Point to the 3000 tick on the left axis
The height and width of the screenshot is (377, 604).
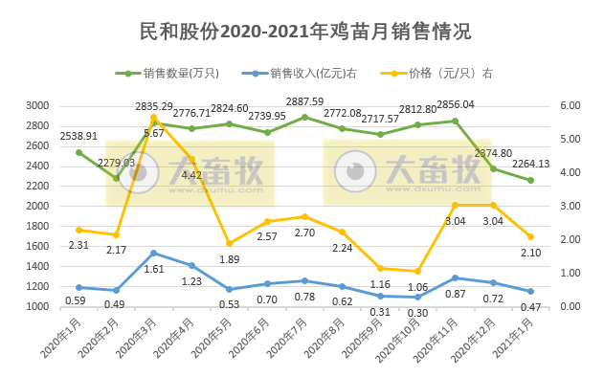coord(62,105)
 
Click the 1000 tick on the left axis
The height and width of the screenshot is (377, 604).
coord(62,306)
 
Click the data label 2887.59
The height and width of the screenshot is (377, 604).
coord(305,101)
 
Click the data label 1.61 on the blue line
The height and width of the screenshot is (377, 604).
coord(153,270)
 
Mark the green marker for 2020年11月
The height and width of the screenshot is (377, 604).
coord(455,121)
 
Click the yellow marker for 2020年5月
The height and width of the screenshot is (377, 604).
coord(229,243)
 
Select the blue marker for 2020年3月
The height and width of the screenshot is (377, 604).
coord(153,253)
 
